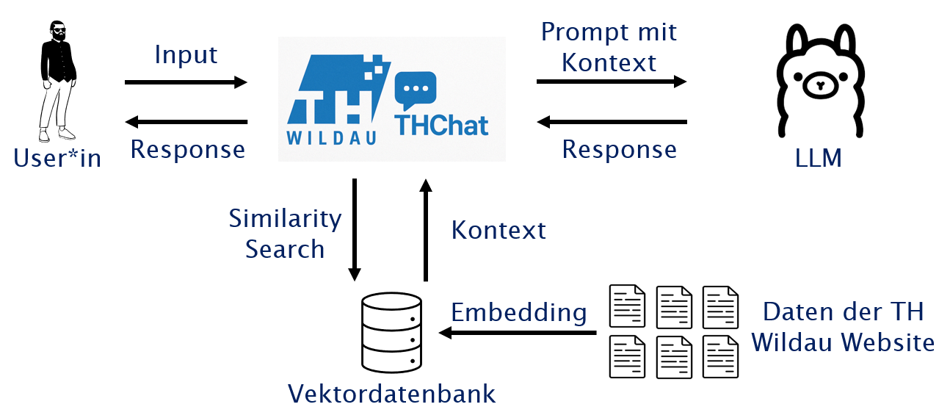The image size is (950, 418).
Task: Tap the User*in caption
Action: [x=57, y=158]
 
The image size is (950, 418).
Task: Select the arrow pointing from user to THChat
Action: [x=186, y=82]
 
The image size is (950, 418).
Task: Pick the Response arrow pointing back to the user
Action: [x=186, y=121]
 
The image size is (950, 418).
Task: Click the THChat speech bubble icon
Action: [x=415, y=90]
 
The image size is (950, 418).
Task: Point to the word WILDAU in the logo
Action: [x=332, y=138]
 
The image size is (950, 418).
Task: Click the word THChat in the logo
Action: [x=441, y=126]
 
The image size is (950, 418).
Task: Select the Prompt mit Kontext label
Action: [x=609, y=47]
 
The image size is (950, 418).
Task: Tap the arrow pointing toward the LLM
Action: [x=611, y=82]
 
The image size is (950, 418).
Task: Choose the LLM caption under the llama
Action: [x=818, y=158]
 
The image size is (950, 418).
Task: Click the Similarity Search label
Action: [x=285, y=234]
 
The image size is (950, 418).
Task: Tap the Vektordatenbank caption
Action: [x=392, y=394]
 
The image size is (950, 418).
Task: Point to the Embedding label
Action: [x=518, y=313]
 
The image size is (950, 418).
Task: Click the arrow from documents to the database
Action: [x=518, y=333]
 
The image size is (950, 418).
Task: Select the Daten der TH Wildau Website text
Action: [x=843, y=327]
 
